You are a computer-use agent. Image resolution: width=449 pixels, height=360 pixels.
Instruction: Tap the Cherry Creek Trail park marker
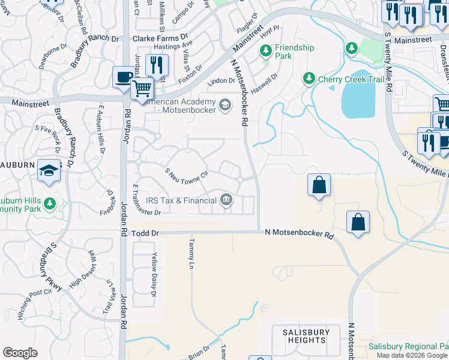[x=309, y=79]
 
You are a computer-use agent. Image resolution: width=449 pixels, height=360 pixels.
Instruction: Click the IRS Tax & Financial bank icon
[x=226, y=200]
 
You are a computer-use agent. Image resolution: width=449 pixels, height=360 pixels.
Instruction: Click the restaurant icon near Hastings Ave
[x=157, y=65]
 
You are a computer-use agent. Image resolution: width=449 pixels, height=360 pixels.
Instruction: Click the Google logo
[x=20, y=353]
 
